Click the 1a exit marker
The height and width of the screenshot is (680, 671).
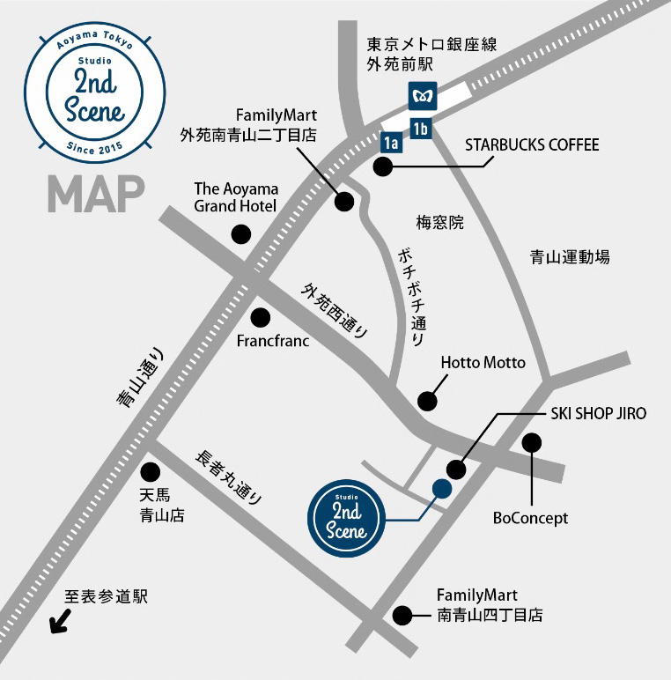[390, 142]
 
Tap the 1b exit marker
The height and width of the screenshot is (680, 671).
[421, 129]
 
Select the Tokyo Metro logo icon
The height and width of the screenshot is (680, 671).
[418, 93]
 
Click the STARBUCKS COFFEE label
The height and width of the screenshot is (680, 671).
[532, 144]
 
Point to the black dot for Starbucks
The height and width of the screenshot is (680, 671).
[382, 166]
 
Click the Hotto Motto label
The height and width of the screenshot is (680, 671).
[483, 363]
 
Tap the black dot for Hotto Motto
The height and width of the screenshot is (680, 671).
[427, 401]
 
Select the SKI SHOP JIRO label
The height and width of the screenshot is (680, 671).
[598, 413]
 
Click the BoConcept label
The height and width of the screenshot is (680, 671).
[530, 518]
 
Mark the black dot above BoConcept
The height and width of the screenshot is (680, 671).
[531, 442]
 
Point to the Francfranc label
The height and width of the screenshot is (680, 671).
[273, 340]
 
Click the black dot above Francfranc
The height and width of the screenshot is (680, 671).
[261, 316]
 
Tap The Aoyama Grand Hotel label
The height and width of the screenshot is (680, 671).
[235, 197]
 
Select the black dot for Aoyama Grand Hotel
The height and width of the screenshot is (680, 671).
[240, 234]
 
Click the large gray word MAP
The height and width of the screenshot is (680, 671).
[96, 195]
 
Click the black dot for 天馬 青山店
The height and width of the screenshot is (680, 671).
[151, 471]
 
